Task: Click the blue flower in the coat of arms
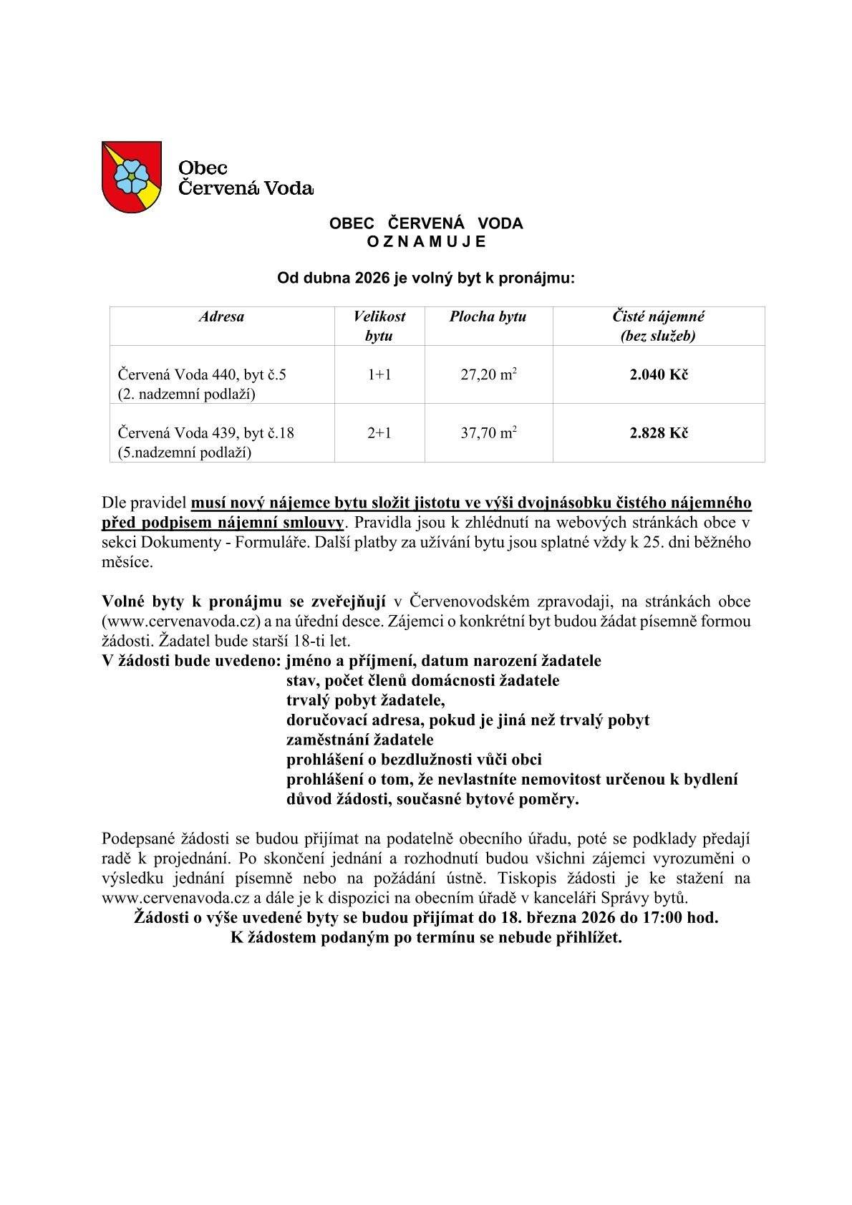click(130, 175)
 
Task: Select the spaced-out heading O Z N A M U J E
click(426, 242)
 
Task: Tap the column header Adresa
click(221, 316)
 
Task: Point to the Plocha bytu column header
click(488, 316)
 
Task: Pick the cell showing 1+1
click(379, 374)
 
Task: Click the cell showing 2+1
click(379, 432)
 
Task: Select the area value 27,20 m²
click(488, 374)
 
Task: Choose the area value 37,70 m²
click(488, 432)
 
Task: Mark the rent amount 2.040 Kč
click(659, 374)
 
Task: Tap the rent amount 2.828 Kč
click(659, 432)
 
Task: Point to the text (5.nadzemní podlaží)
click(185, 453)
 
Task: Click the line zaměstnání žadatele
click(359, 740)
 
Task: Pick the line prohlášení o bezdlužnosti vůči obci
click(414, 760)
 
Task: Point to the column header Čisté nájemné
click(659, 316)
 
